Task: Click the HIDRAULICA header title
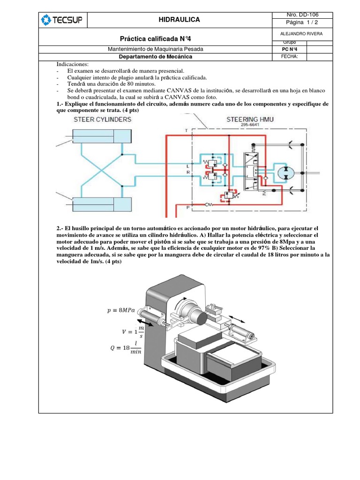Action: point(180,20)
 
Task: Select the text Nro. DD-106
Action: point(302,15)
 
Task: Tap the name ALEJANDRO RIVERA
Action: point(302,34)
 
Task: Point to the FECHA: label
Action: point(287,57)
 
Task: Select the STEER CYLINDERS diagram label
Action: point(102,120)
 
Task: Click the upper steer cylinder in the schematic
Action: point(100,137)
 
